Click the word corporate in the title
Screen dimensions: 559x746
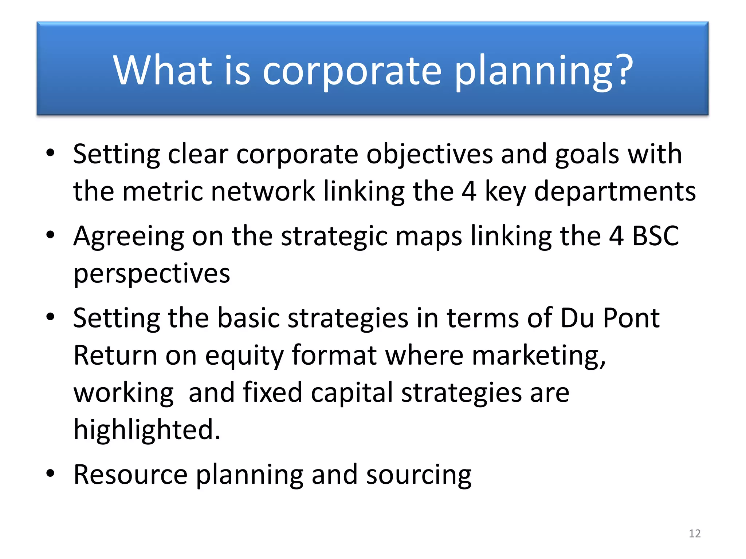(352, 71)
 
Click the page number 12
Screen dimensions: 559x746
(695, 534)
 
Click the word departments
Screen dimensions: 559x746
(615, 192)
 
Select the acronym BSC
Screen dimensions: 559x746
(655, 236)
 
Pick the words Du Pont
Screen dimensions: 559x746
(609, 318)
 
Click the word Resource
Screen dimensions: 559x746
(130, 475)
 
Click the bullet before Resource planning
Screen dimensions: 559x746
(50, 474)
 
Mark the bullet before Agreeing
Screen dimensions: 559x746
(50, 235)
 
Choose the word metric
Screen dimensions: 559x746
(162, 191)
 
